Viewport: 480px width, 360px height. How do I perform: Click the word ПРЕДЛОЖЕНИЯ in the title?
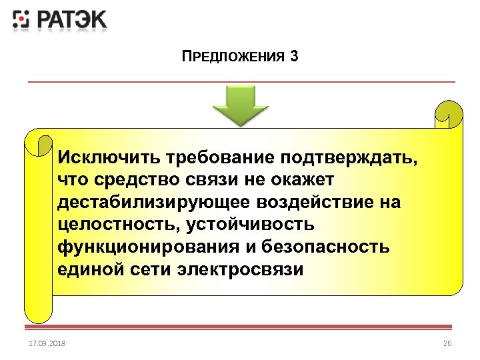(x=233, y=56)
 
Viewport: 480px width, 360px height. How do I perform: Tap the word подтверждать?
(x=351, y=158)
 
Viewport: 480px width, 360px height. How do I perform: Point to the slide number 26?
(x=447, y=343)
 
